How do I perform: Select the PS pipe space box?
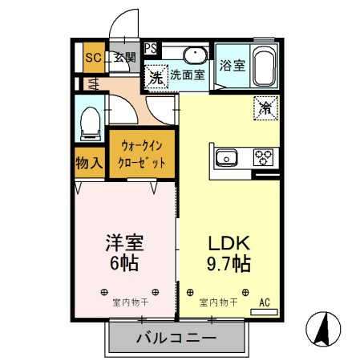[x=150, y=47]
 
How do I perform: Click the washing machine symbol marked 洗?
[x=156, y=77]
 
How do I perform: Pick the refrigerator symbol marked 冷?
[x=264, y=107]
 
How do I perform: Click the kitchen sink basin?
[x=225, y=156]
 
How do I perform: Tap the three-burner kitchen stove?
[x=264, y=156]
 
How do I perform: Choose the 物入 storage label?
[x=89, y=164]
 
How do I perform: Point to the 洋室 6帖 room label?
[x=125, y=254]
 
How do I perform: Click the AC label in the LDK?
[x=265, y=303]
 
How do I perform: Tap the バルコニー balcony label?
[x=176, y=339]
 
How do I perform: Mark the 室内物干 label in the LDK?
[x=217, y=303]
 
